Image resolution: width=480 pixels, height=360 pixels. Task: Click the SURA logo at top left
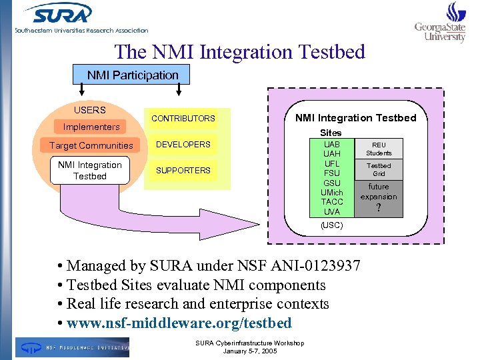pos(60,15)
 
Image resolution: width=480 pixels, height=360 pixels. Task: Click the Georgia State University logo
pos(440,23)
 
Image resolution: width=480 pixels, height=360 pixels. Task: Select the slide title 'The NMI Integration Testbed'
pos(240,52)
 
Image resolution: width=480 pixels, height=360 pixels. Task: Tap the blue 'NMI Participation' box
pos(133,75)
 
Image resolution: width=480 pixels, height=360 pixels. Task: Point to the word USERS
pos(89,110)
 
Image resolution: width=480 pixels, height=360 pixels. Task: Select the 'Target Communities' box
pos(91,145)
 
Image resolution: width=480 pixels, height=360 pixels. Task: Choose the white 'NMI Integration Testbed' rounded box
pos(89,171)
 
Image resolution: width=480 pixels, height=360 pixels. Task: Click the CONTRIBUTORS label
pos(183,119)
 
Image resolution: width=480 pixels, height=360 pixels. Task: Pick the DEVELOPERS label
pos(183,144)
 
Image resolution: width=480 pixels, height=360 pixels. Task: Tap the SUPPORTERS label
pos(183,171)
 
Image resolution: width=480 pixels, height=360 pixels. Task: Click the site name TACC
pos(331,202)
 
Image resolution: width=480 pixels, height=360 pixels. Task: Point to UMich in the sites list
pos(331,193)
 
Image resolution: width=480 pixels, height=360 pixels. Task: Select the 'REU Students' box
pos(379,149)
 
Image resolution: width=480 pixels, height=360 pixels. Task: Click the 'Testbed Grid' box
pos(379,169)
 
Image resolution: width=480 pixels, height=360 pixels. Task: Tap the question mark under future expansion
pos(379,208)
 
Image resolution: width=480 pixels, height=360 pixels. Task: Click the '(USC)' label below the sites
pos(331,225)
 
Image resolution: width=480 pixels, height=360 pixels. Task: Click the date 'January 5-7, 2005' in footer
pos(250,351)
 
